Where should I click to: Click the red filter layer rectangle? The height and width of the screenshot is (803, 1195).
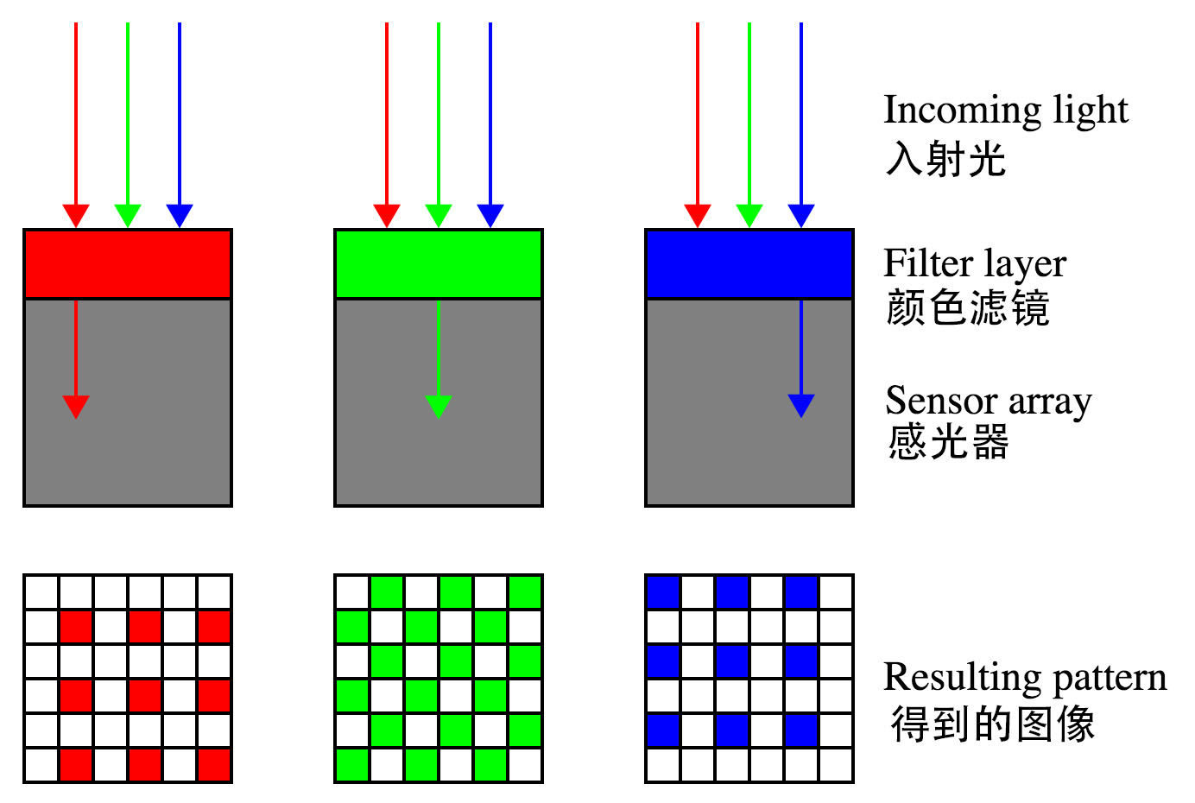pos(128,264)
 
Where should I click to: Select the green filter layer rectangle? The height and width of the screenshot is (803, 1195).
pos(439,264)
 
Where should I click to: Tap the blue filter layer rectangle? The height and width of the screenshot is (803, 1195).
pos(749,264)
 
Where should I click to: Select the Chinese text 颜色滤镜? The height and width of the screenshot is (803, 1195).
pos(967,307)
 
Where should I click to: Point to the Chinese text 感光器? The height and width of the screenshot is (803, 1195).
pos(948,442)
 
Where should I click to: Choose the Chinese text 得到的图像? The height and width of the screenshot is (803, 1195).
pos(993,724)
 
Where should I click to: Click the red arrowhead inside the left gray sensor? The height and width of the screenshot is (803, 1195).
pos(76,407)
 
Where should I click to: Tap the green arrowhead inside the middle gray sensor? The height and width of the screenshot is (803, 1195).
pos(439,407)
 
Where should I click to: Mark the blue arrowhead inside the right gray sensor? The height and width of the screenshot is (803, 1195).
pos(801,406)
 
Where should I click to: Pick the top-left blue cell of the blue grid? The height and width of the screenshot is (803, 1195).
pos(663,592)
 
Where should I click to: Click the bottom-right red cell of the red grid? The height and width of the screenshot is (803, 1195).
pos(214,765)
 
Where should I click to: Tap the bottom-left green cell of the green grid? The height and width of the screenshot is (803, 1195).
pos(352,765)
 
